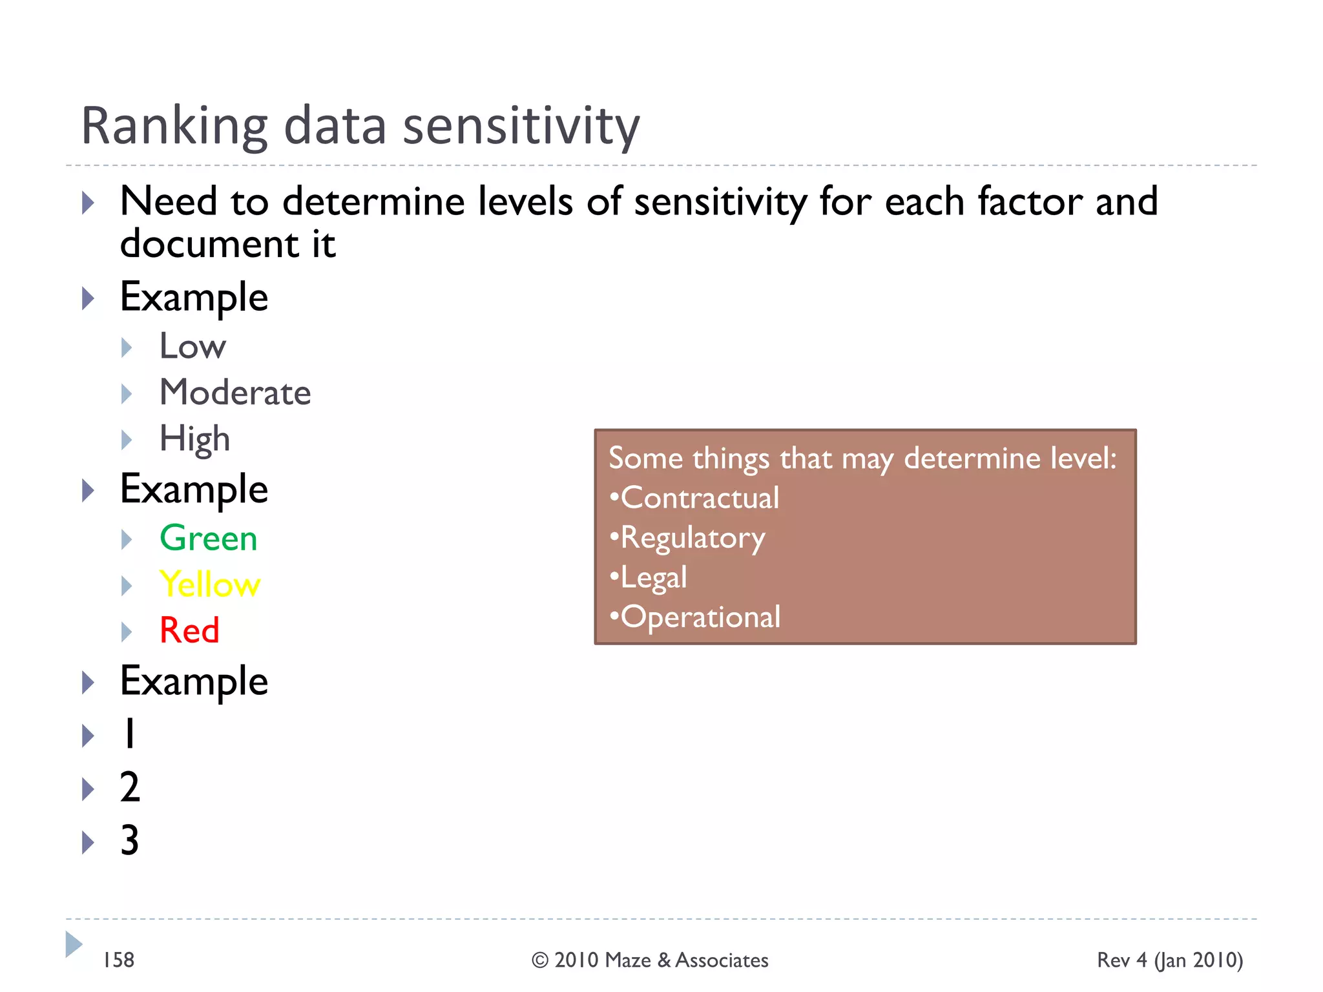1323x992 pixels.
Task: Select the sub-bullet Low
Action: [x=193, y=347]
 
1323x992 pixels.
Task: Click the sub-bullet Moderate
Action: [x=235, y=393]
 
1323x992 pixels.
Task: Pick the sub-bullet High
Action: [x=194, y=439]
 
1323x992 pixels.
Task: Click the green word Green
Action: [x=208, y=539]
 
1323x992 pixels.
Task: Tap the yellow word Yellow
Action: [x=210, y=584]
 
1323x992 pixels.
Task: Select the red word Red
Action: [x=189, y=630]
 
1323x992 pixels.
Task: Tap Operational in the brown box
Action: [x=700, y=617]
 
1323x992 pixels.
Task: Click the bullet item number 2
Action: [x=130, y=787]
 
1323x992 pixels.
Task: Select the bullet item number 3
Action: [x=130, y=841]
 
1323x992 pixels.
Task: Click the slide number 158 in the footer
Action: [x=119, y=960]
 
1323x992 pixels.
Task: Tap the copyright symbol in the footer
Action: [x=540, y=961]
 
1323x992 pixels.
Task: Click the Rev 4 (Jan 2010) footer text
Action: [x=1170, y=960]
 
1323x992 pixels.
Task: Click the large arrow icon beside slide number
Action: [x=74, y=945]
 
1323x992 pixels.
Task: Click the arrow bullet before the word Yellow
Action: [x=127, y=586]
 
